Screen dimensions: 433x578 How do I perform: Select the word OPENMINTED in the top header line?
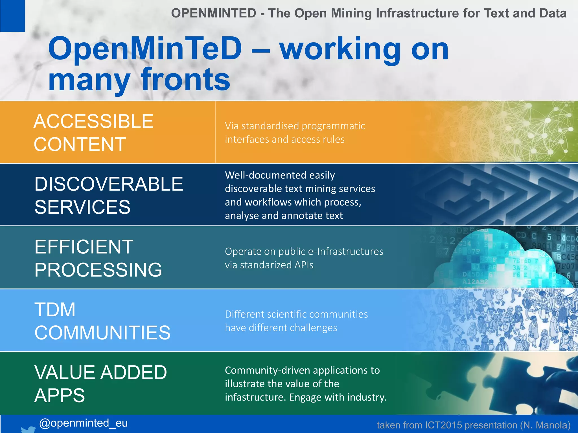[214, 13]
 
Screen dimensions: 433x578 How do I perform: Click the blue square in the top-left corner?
[12, 16]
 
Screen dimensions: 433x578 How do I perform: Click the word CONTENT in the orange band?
[80, 144]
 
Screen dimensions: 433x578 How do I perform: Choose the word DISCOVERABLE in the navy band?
[109, 184]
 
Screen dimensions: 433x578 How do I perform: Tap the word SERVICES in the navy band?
[82, 207]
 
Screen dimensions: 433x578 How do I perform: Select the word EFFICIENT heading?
[84, 247]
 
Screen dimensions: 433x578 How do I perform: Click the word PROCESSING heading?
[98, 270]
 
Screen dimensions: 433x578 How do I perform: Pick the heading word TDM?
[55, 310]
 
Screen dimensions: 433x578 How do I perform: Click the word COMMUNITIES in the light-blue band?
[102, 333]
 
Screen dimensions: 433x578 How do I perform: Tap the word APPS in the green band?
[60, 395]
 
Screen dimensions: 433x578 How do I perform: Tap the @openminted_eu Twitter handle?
[83, 423]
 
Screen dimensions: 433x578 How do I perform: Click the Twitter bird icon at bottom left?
[29, 429]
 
